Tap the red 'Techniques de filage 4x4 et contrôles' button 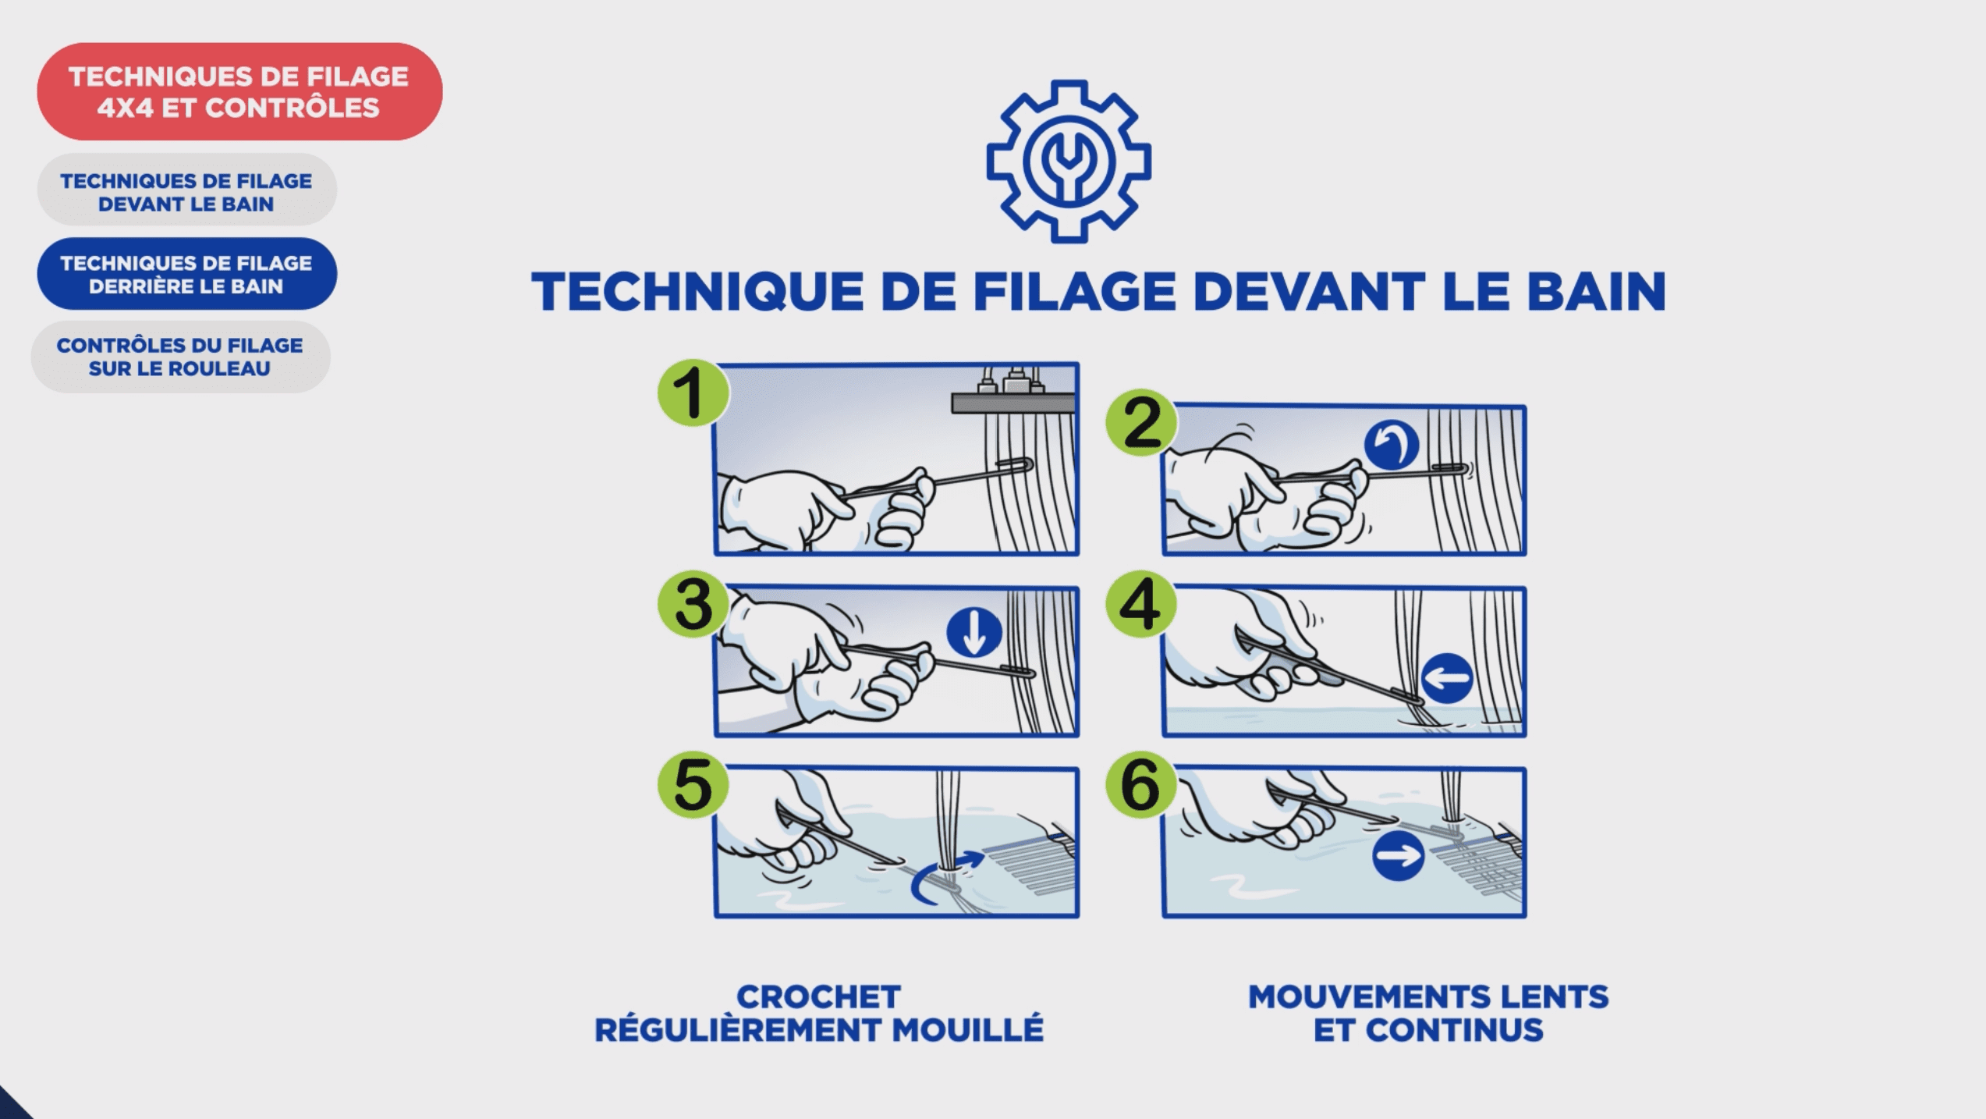(239, 92)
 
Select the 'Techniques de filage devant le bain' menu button (186, 191)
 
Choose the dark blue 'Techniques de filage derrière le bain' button (186, 274)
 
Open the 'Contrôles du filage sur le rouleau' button (180, 357)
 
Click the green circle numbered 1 (693, 392)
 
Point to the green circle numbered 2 (1141, 422)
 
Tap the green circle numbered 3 (693, 604)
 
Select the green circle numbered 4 (1141, 604)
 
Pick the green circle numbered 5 (693, 784)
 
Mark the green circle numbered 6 (1141, 784)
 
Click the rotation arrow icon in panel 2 (1392, 445)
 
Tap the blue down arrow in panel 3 (974, 632)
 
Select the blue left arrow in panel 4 (1448, 677)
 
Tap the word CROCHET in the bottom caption (819, 997)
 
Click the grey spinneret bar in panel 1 (1013, 403)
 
